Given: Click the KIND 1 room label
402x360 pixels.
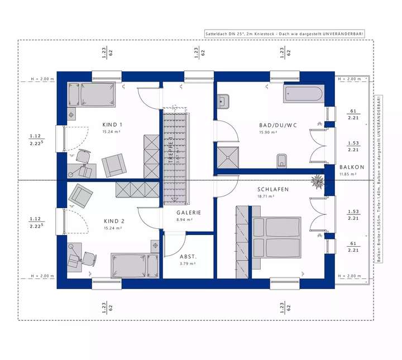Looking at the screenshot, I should pyautogui.click(x=112, y=124).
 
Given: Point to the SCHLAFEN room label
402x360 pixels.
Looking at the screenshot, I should pyautogui.click(x=273, y=189).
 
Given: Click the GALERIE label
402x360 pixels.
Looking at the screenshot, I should pyautogui.click(x=189, y=213).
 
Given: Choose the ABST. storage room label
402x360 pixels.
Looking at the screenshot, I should pyautogui.click(x=188, y=257).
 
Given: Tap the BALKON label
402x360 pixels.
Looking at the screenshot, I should pyautogui.click(x=352, y=167).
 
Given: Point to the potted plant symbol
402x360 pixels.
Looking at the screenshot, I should pyautogui.click(x=318, y=181).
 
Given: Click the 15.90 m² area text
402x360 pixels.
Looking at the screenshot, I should pyautogui.click(x=269, y=133).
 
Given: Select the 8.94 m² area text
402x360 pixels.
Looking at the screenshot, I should pyautogui.click(x=185, y=220).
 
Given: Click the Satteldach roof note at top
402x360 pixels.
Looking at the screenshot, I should pyautogui.click(x=285, y=35).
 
